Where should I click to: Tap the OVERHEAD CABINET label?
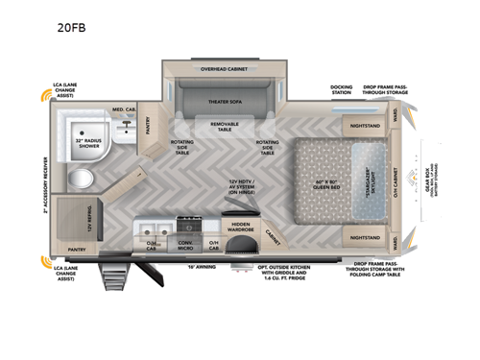(223, 69)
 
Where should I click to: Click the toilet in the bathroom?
(83, 179)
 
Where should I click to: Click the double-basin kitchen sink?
(156, 229)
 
